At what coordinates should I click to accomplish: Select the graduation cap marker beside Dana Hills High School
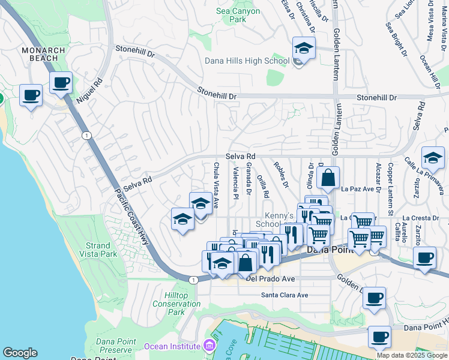tap(304, 47)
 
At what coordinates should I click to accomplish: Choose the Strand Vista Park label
tap(98, 250)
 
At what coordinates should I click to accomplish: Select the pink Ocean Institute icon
tap(208, 346)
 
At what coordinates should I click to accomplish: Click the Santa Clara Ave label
tap(284, 295)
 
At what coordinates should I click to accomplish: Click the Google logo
tap(20, 353)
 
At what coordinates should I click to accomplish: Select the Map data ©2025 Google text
tap(411, 355)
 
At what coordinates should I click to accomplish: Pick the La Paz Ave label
tap(358, 189)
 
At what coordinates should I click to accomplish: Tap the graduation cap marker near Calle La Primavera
tap(433, 158)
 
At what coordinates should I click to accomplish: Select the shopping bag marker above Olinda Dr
tap(328, 178)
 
